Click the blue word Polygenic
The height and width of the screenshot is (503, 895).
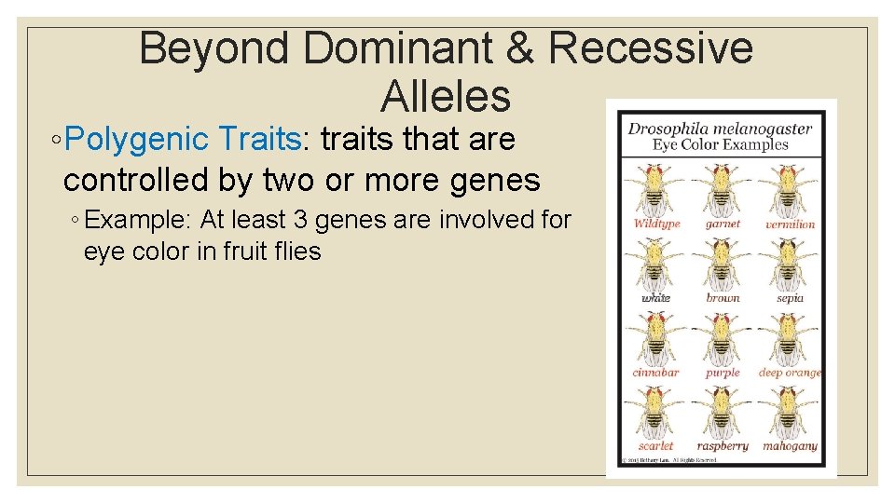(x=139, y=140)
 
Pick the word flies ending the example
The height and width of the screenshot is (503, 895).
(x=297, y=251)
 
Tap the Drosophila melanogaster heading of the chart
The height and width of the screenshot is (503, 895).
(x=720, y=129)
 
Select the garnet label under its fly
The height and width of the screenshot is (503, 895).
(x=723, y=224)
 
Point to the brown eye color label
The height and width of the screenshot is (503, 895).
(x=723, y=298)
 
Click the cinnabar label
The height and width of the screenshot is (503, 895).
(x=655, y=373)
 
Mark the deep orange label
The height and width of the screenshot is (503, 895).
(x=790, y=373)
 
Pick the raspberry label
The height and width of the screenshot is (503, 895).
(x=723, y=446)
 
